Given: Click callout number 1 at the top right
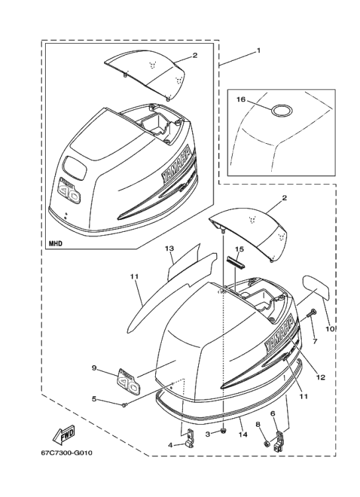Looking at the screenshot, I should click(x=258, y=50).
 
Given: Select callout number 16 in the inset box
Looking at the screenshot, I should click(x=241, y=99).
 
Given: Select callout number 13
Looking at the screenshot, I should click(x=169, y=248).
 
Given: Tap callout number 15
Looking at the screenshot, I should click(x=240, y=249).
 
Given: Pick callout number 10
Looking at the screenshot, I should click(x=330, y=328).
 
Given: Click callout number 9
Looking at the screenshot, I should click(x=93, y=368).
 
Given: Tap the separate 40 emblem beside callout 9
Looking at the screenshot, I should click(x=127, y=381).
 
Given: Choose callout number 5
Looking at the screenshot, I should click(x=93, y=399).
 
